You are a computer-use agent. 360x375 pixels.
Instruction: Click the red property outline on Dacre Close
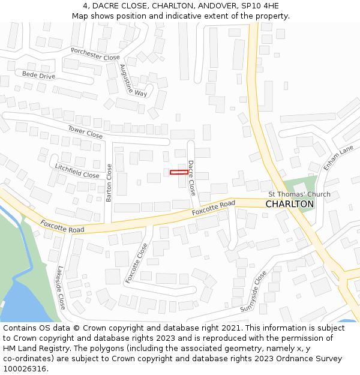[x=178, y=172]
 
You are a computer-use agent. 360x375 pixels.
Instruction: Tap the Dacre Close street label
[x=191, y=178]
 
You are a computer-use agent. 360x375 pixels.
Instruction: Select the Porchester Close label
[x=95, y=54]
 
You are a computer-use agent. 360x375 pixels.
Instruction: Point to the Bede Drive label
[x=38, y=75]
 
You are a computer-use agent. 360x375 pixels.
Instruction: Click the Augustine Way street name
[x=133, y=80]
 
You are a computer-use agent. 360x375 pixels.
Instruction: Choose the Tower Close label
[x=85, y=132]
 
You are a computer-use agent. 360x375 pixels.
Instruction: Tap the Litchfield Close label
[x=77, y=170]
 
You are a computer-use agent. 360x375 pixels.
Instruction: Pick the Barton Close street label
[x=109, y=182]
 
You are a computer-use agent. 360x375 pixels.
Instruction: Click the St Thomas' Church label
[x=299, y=194]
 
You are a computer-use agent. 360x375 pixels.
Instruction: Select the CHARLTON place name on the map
[x=289, y=204]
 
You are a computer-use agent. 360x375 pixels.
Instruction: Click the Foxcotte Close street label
[x=136, y=263]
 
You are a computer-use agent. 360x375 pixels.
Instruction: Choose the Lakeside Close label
[x=61, y=289]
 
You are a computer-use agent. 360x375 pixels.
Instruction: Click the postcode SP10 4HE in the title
[x=260, y=6]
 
